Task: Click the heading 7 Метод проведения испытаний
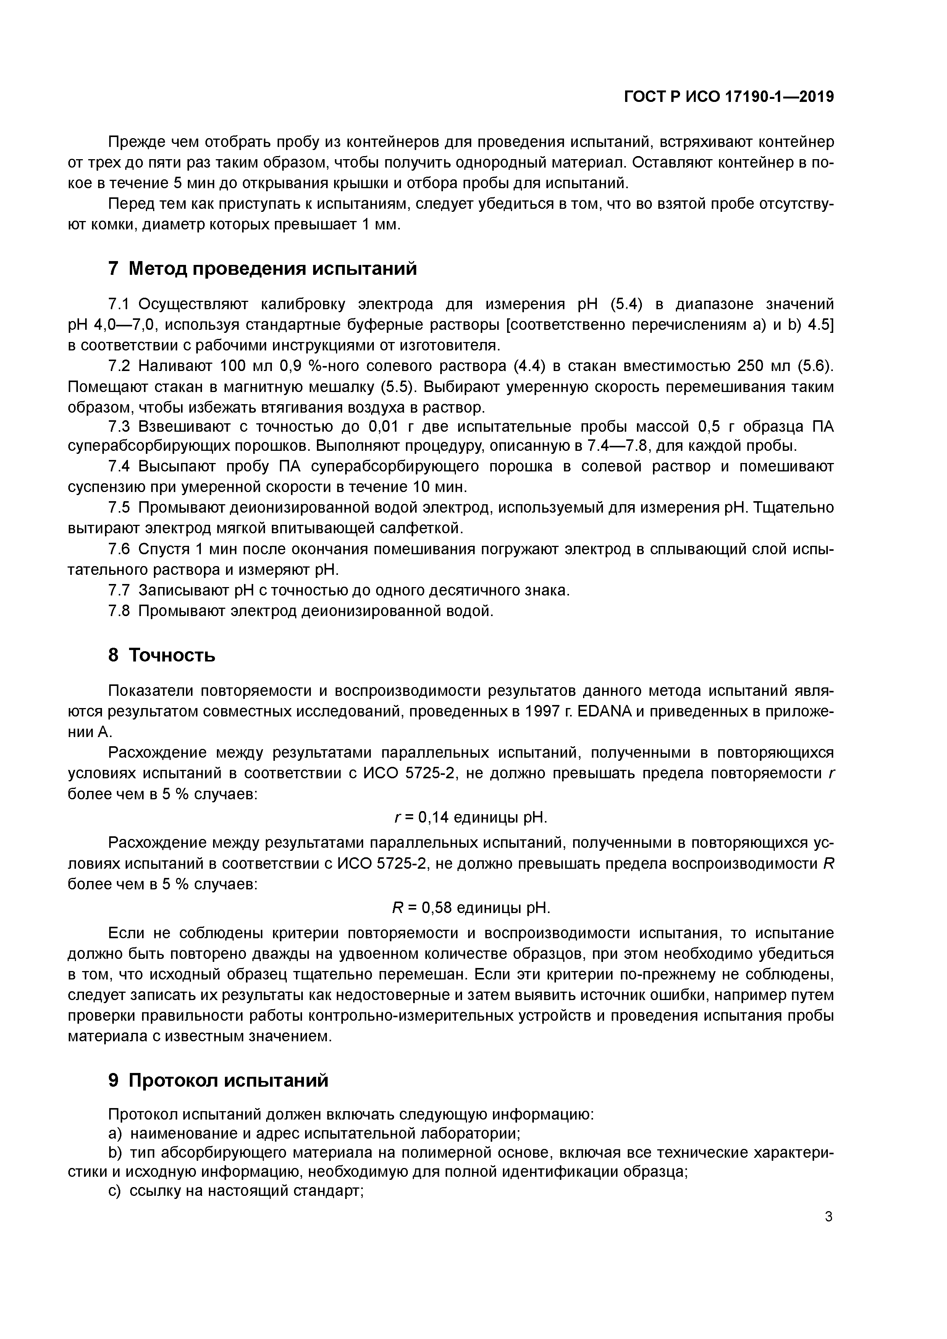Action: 263,268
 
